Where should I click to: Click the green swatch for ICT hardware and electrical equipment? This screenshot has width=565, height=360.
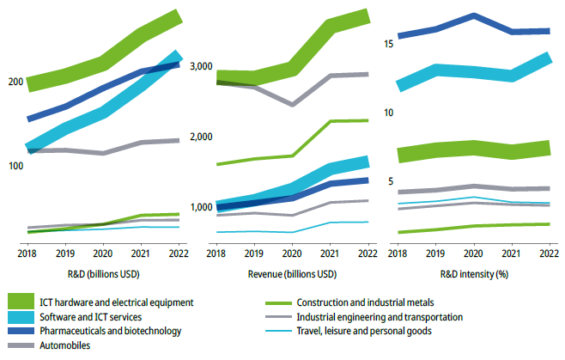(x=27, y=302)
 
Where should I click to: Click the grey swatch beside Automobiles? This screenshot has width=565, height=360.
(x=27, y=345)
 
